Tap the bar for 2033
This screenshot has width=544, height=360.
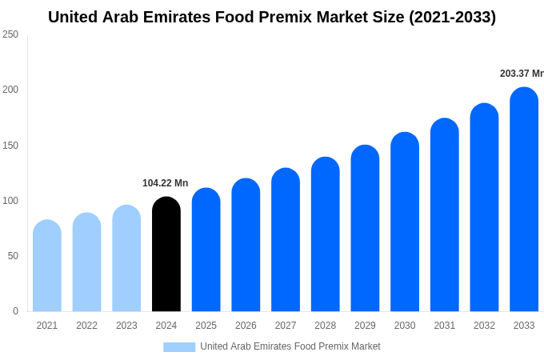[x=524, y=200]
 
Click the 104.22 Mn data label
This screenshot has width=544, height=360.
[x=165, y=183]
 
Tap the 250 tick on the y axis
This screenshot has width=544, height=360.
[x=10, y=34]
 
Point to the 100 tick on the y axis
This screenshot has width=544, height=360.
[x=10, y=201]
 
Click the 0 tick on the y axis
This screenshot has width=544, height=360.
[x=15, y=311]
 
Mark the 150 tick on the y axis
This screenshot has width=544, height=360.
[x=10, y=146]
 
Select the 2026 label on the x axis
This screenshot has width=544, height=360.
[x=246, y=326]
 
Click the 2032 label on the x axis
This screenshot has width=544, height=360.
[x=484, y=326]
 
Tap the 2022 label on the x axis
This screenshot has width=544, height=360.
[x=86, y=326]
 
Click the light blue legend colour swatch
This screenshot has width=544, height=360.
[x=179, y=346]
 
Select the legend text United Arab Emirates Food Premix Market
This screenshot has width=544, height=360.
[x=290, y=346]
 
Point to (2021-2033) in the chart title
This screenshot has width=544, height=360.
[x=452, y=17]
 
